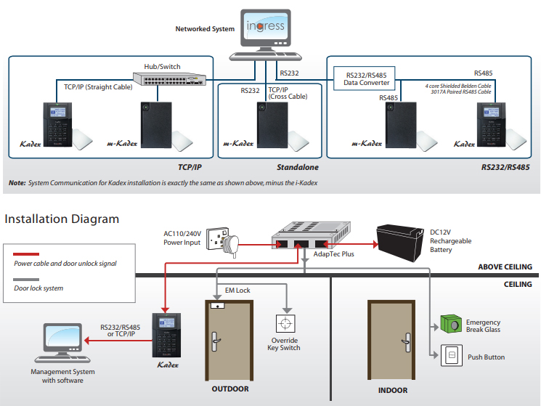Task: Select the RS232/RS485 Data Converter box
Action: click(x=367, y=78)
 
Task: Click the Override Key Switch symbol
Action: click(x=284, y=322)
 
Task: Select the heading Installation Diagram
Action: click(x=62, y=219)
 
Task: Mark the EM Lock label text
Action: click(x=237, y=291)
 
